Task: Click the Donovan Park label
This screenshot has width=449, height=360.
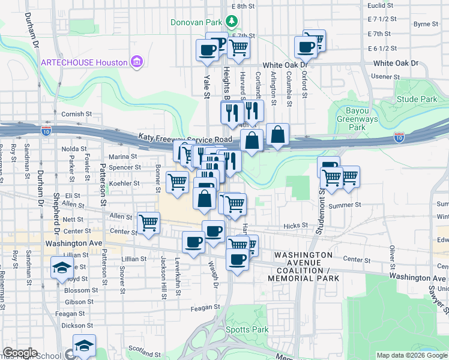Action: click(196, 22)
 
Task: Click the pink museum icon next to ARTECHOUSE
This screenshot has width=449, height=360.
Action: click(137, 62)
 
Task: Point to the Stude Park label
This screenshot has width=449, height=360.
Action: click(417, 99)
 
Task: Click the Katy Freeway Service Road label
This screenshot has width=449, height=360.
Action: click(185, 138)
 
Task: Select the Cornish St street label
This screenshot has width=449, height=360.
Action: click(76, 113)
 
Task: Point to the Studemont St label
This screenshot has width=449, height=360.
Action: click(322, 206)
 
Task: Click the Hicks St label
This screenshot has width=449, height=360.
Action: click(295, 226)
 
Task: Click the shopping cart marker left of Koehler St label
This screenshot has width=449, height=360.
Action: click(177, 181)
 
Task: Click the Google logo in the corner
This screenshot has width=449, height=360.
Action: click(20, 353)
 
